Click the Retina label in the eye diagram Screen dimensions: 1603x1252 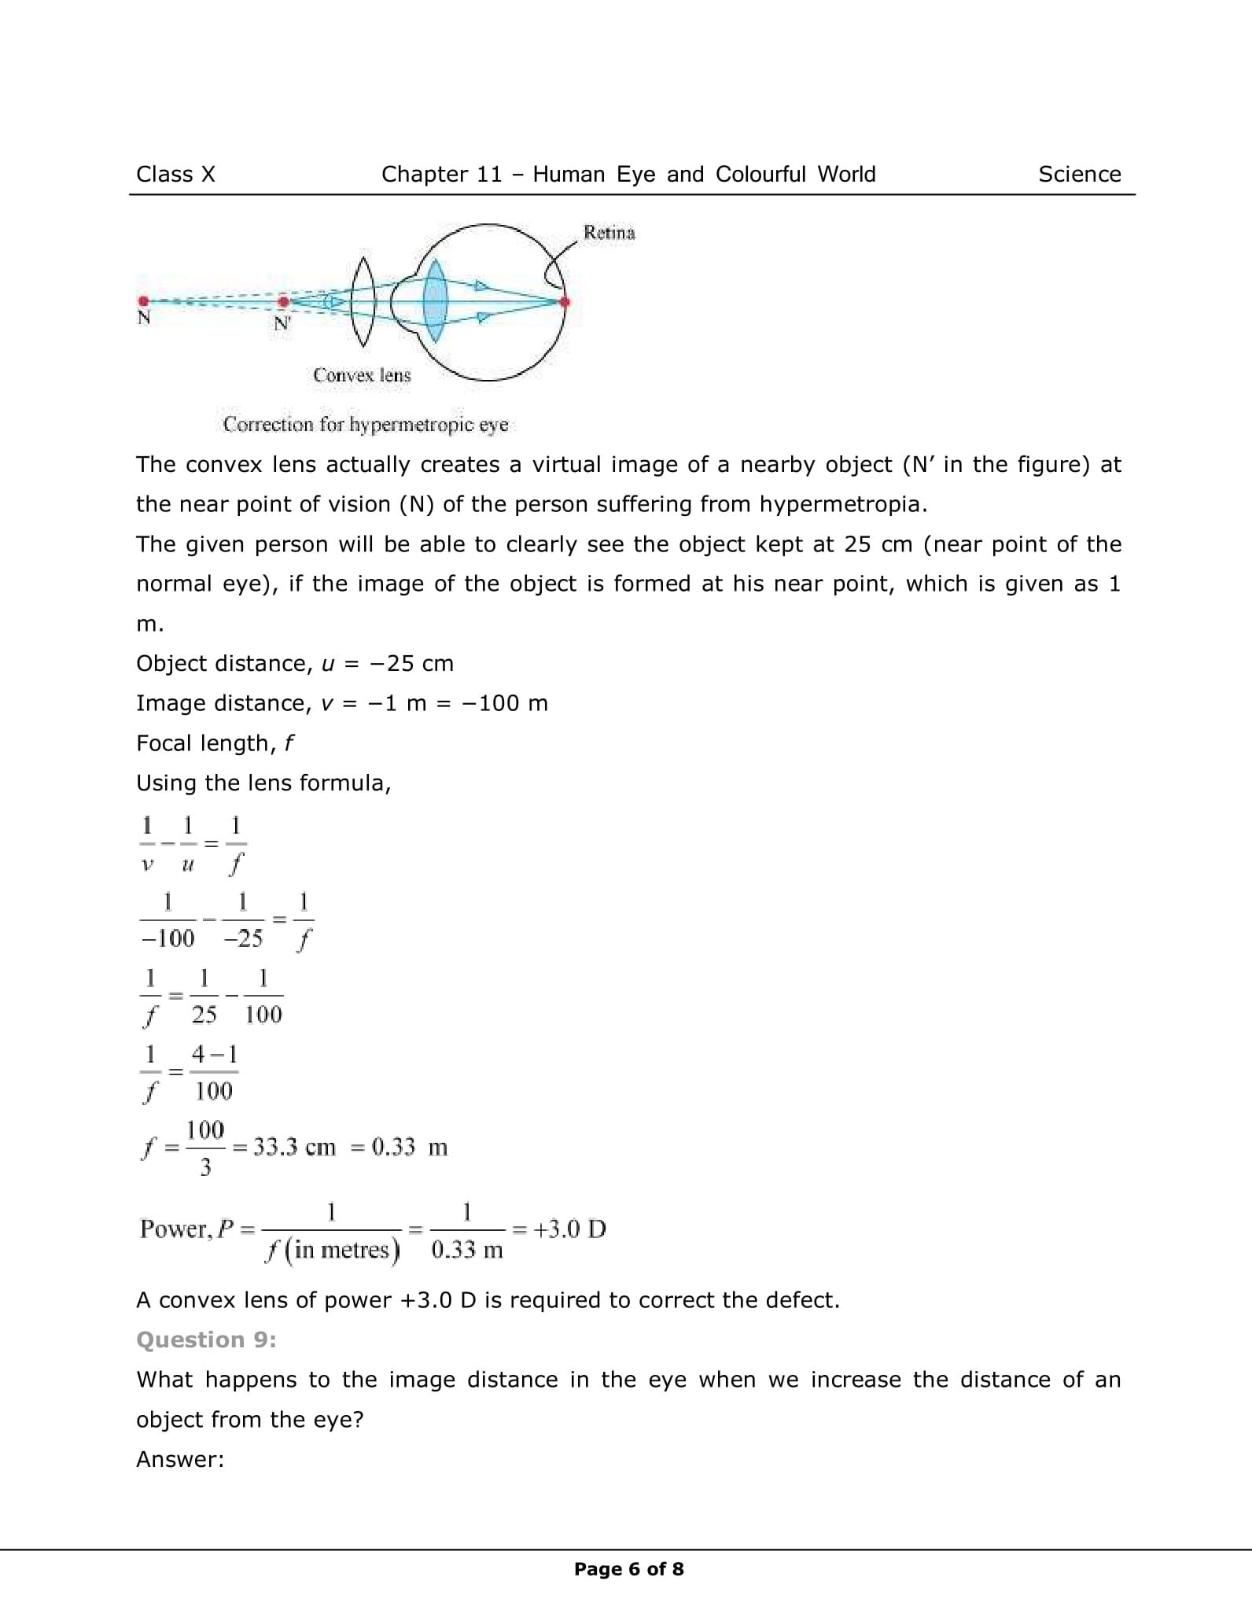coord(609,233)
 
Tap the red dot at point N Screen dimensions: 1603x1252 coord(143,300)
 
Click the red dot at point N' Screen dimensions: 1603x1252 coord(283,301)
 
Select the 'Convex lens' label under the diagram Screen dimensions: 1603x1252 coord(362,375)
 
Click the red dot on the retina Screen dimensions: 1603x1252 coord(564,301)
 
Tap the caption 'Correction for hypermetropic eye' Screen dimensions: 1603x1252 coord(366,425)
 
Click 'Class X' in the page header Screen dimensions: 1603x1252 coord(175,175)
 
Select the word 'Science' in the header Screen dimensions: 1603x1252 coord(1079,175)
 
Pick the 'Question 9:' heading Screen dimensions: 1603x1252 coord(206,1340)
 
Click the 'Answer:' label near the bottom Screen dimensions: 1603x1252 coord(180,1459)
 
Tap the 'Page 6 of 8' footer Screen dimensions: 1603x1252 coord(629,1569)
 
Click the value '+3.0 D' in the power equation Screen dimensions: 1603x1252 coord(569,1229)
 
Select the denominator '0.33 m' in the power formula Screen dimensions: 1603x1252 coord(467,1250)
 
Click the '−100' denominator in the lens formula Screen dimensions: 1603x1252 coord(168,938)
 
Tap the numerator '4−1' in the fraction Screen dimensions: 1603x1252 coord(214,1054)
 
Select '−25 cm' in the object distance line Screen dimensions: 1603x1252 coord(411,664)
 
